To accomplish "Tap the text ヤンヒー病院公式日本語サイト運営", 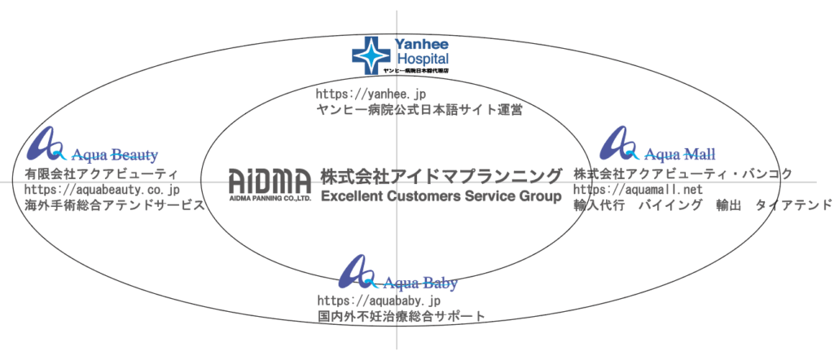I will click(x=418, y=109).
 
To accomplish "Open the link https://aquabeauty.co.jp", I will click(x=102, y=190).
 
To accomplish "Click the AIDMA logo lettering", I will click(x=270, y=180).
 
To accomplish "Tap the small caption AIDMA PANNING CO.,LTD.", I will click(x=270, y=198).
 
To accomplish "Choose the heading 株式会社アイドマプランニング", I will click(x=441, y=176).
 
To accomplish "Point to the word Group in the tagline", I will click(x=540, y=196).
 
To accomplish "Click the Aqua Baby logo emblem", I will click(x=356, y=271).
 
